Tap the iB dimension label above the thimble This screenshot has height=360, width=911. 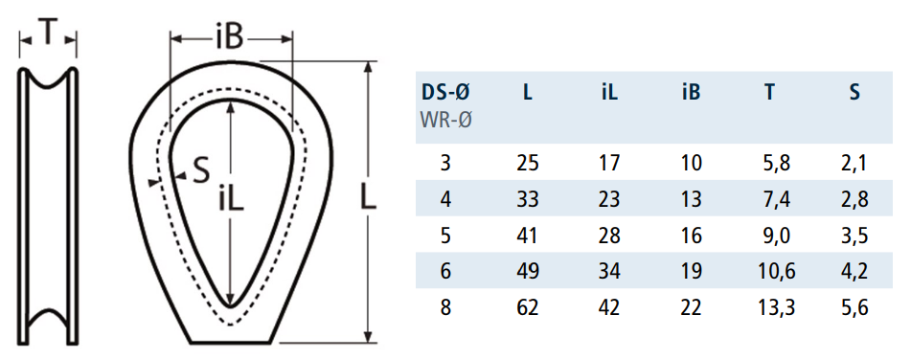(230, 38)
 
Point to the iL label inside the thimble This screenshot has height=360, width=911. (231, 199)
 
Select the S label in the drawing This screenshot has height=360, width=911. (200, 172)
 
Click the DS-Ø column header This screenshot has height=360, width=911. (445, 92)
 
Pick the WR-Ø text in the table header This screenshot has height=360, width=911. (445, 121)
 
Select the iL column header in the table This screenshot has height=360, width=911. (609, 92)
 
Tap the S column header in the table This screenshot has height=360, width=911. (854, 92)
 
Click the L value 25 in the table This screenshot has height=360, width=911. (528, 163)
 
